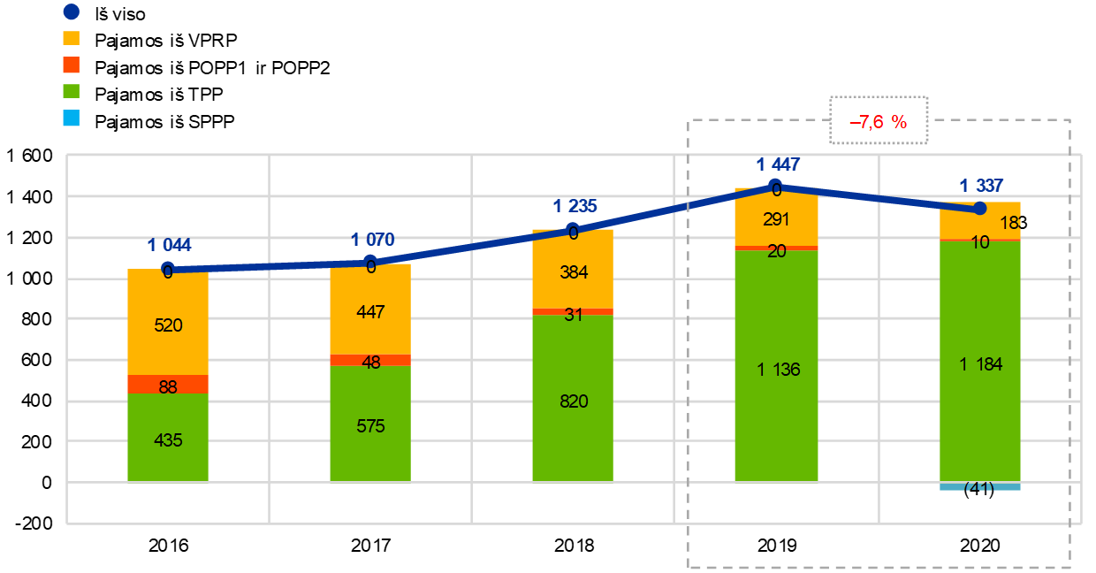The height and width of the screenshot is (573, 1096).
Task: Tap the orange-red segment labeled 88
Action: coord(168,385)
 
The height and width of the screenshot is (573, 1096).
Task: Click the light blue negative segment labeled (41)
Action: coord(979,486)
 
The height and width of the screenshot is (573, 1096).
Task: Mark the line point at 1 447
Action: coord(776,186)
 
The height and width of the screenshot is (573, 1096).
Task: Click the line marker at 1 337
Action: coord(979,209)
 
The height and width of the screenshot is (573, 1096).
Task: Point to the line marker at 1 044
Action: coord(168,267)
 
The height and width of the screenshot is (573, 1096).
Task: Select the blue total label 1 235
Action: coord(575,206)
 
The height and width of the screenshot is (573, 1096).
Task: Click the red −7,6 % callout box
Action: coord(878,121)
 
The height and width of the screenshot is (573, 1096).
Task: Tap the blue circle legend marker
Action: coord(72,11)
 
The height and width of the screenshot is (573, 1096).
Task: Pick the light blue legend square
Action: coord(72,118)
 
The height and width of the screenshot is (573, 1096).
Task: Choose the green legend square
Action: coord(72,91)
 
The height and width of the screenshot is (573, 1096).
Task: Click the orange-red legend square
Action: coord(72,65)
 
